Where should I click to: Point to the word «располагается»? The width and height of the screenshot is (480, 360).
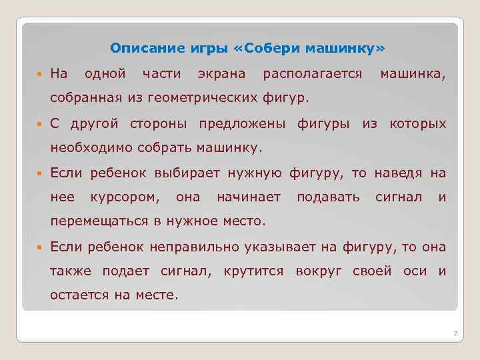(x=313, y=73)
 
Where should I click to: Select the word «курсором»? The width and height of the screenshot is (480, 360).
(x=125, y=197)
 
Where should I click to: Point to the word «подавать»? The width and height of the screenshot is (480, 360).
(x=328, y=197)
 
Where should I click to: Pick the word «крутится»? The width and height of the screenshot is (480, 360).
(x=254, y=271)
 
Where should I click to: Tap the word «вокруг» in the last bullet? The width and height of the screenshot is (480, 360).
(x=318, y=271)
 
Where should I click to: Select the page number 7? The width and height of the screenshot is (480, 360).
(x=453, y=333)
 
